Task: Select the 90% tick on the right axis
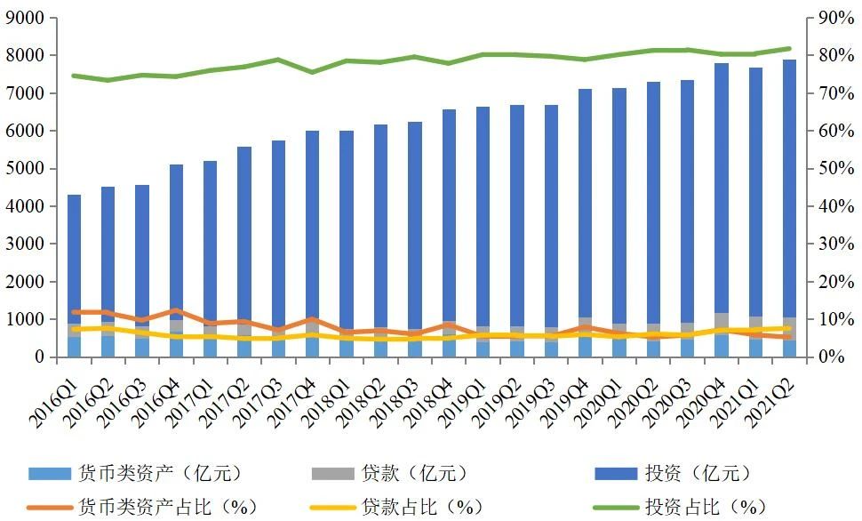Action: coord(826,18)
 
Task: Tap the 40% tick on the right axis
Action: coord(826,206)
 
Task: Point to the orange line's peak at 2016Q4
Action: coord(177,310)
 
